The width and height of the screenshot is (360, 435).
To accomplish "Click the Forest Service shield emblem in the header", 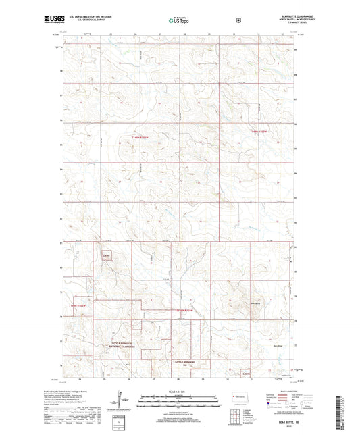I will click(237, 20).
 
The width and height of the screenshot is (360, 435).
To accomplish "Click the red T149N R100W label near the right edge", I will click(259, 131).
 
